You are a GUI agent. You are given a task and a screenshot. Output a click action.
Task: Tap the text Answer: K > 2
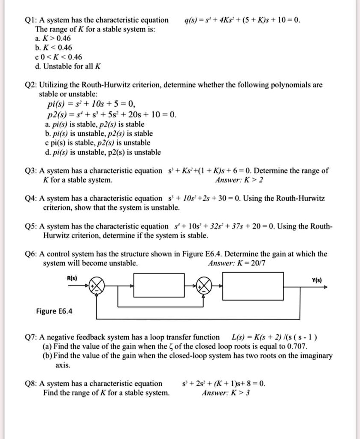pyautogui.click(x=244, y=180)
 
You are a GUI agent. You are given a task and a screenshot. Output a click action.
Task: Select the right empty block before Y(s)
pyautogui.click(x=259, y=286)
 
